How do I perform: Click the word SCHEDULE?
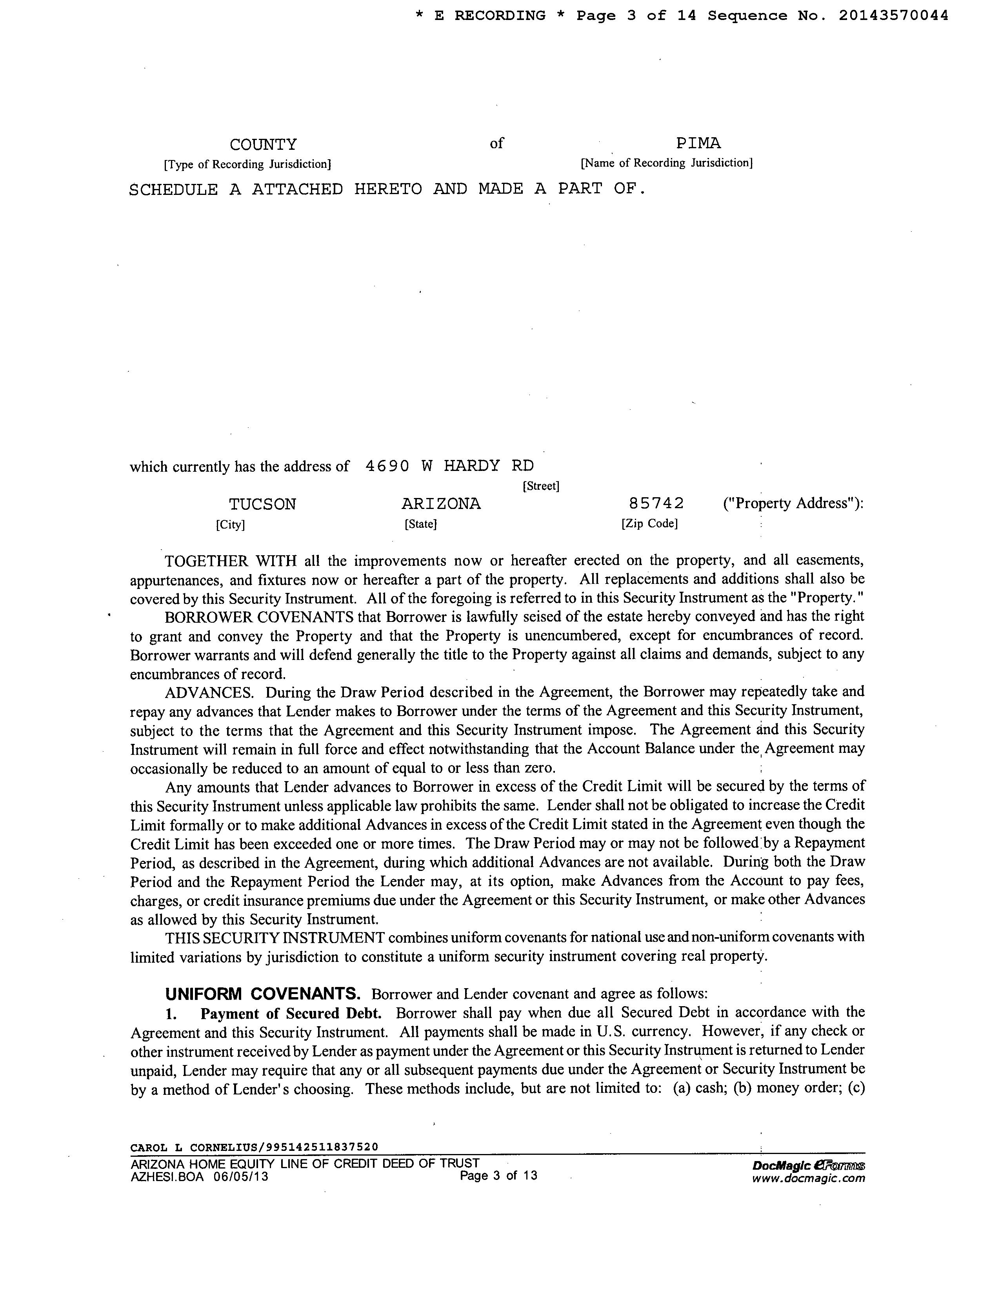click(x=173, y=190)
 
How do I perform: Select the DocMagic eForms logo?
click(x=808, y=1165)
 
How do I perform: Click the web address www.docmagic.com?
click(x=808, y=1178)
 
